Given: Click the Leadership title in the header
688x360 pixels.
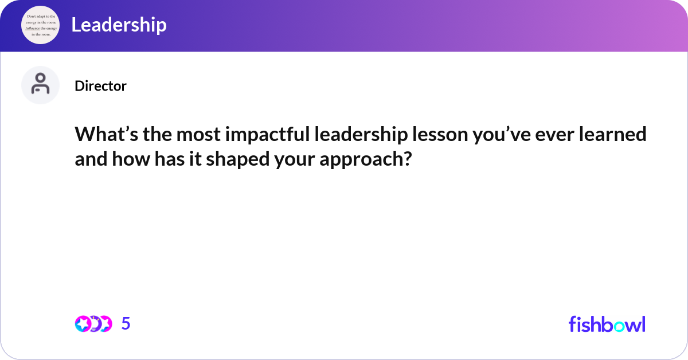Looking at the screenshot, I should (x=119, y=25).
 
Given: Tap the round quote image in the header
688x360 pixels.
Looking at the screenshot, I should (x=40, y=25).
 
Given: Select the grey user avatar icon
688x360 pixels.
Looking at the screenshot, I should (x=40, y=85).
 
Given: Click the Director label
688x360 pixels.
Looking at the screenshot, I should (x=100, y=86).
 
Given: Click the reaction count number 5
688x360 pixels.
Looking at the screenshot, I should (x=126, y=324).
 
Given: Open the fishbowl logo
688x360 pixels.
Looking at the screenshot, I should (x=607, y=324).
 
